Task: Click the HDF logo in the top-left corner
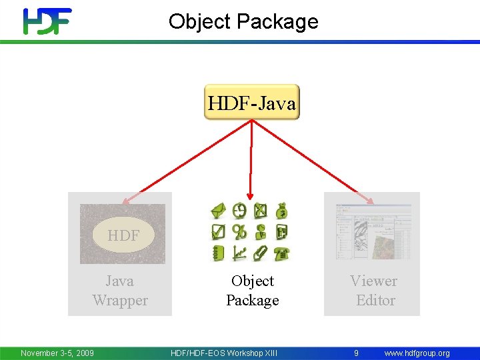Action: click(47, 21)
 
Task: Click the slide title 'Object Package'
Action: click(243, 21)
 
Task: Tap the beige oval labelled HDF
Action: click(123, 235)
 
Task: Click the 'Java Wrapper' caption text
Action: click(120, 291)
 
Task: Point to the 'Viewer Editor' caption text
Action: click(374, 291)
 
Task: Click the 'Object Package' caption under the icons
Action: click(252, 291)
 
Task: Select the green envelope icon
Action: click(219, 212)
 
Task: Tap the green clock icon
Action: click(239, 211)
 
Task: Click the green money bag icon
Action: click(282, 211)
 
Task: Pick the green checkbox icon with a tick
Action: click(219, 232)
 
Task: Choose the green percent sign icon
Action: click(239, 232)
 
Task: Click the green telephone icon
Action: click(282, 253)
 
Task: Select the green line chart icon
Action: click(239, 253)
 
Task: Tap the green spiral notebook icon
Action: click(219, 253)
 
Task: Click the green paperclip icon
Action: click(261, 253)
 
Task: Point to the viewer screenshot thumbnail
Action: click(373, 233)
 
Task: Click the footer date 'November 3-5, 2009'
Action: click(57, 353)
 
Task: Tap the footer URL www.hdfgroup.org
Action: click(417, 353)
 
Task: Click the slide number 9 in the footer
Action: click(357, 353)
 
